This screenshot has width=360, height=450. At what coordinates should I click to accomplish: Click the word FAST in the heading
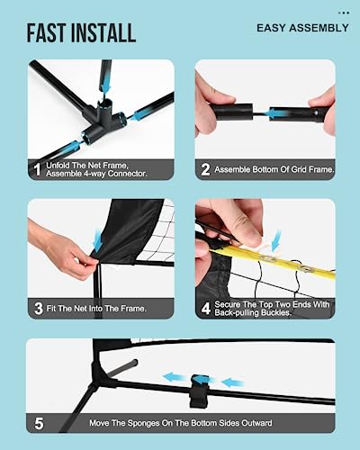tap(47, 32)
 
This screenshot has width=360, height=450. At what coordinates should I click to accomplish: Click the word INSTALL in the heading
tap(103, 32)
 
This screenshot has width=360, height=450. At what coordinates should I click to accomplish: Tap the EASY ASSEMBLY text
tap(302, 28)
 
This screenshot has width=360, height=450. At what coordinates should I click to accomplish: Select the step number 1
tap(37, 169)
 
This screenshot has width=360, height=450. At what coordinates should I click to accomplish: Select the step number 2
tap(205, 169)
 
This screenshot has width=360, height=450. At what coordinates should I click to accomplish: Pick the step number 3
tap(39, 308)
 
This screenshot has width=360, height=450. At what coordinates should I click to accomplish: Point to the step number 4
tap(206, 308)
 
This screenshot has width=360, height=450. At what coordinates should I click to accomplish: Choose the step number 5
tap(39, 423)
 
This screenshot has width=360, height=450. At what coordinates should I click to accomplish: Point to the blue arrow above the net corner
tap(98, 240)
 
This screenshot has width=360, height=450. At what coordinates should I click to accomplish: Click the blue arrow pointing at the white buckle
tap(276, 240)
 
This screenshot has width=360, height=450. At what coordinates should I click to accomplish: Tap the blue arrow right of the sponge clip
tap(232, 382)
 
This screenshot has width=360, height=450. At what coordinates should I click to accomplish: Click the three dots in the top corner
tap(344, 13)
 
